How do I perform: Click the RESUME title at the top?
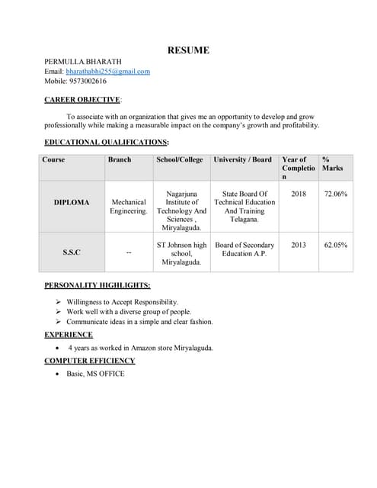(188, 50)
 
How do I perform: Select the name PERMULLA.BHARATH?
(82, 61)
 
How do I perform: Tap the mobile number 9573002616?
(86, 81)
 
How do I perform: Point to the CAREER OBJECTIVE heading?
(82, 99)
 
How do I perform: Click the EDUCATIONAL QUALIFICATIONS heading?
(106, 142)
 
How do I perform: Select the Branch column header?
(120, 159)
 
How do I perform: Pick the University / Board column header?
(242, 159)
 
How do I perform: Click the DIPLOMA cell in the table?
(71, 202)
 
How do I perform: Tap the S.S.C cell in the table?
(71, 252)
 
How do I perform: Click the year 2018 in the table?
(298, 194)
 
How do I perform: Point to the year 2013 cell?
(298, 245)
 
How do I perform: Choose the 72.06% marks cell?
(336, 194)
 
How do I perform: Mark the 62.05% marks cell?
(336, 245)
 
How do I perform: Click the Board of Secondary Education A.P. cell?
(244, 249)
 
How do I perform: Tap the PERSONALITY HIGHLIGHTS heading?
(97, 285)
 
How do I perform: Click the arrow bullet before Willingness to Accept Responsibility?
(59, 302)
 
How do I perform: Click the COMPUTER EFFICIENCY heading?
(89, 361)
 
